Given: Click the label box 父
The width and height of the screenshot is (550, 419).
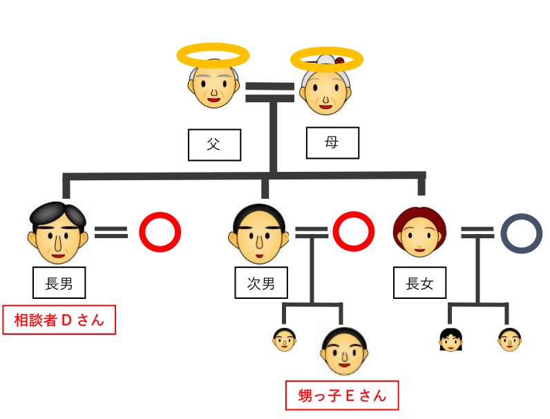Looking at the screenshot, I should click(214, 145).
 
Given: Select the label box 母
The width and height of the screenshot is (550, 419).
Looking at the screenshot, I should click(332, 143).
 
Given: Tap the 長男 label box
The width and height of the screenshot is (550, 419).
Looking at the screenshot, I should click(59, 283).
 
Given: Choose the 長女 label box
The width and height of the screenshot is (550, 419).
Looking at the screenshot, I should click(420, 283).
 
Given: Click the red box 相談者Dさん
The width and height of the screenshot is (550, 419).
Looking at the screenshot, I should click(59, 320).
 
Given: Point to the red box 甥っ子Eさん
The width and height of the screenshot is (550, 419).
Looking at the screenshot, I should click(342, 396).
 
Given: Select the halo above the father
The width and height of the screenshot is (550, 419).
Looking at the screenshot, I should click(212, 55).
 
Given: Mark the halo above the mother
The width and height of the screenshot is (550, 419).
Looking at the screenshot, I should click(326, 60).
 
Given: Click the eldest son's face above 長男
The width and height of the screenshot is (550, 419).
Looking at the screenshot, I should click(58, 231).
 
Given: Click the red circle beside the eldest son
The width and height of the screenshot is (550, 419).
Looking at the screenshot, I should click(160, 233).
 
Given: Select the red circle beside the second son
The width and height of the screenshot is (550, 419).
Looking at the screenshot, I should click(353, 232).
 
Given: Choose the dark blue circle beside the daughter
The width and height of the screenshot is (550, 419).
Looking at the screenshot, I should click(522, 233).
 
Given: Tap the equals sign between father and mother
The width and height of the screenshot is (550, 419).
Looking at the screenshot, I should click(270, 92).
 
